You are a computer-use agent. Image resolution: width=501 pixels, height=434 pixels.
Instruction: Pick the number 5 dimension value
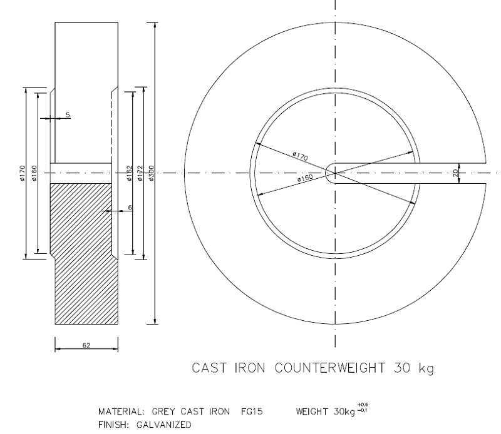pos(68,114)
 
